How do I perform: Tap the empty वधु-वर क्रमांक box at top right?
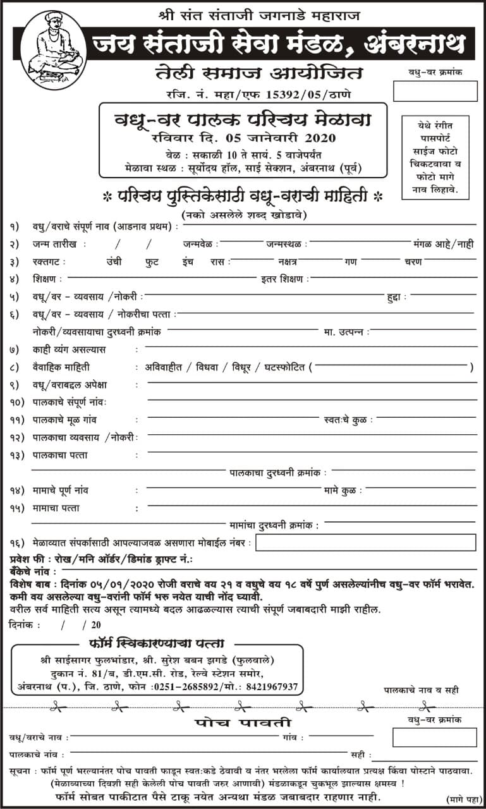[x=435, y=91]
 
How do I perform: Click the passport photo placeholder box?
[x=435, y=157]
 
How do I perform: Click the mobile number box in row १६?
[x=365, y=542]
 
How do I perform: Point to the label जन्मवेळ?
[x=202, y=244]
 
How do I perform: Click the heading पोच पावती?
[x=243, y=722]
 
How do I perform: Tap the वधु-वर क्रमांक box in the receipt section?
[x=434, y=737]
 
